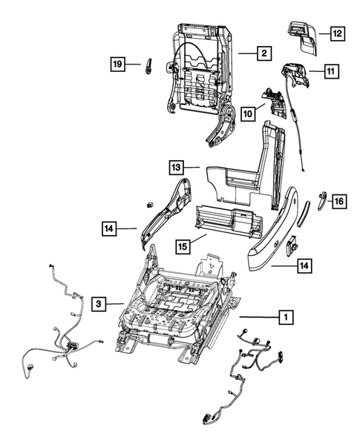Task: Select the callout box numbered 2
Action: point(264,53)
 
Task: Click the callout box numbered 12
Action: point(337,33)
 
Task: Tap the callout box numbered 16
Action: point(338,201)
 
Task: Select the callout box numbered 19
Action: point(118,65)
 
